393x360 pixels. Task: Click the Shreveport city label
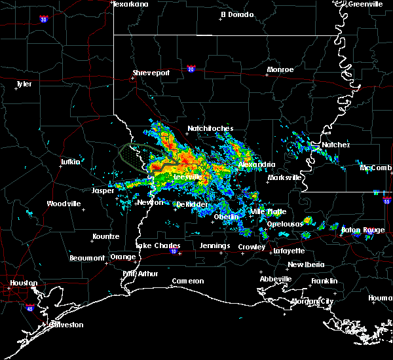point(151,73)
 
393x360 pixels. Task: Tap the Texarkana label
point(131,4)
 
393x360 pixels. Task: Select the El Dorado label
point(236,14)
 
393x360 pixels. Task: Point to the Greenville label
point(365,4)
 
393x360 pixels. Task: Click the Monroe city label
point(280,69)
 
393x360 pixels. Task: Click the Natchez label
point(335,145)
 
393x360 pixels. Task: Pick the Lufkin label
point(70,161)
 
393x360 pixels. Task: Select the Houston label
point(22,283)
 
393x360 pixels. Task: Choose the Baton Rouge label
point(364,230)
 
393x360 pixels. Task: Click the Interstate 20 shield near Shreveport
point(191,67)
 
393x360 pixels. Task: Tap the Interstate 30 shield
point(43,19)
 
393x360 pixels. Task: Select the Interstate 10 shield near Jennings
point(174,251)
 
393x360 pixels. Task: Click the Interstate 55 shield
point(386,202)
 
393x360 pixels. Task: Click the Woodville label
point(64,204)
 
